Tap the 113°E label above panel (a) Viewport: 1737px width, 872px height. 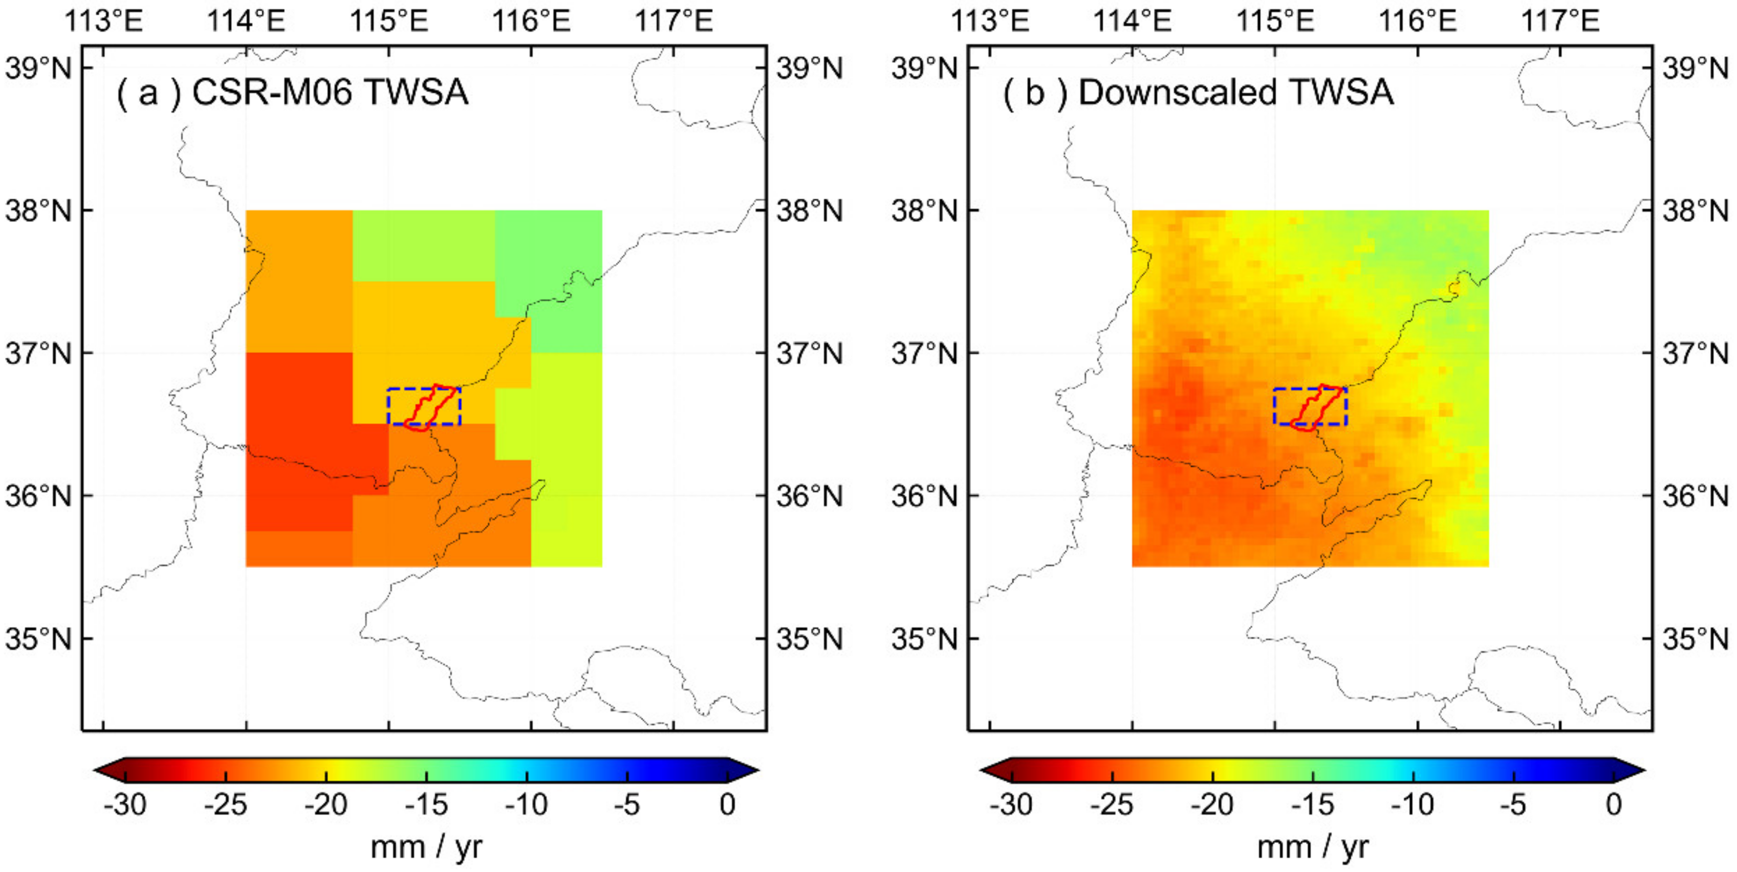click(103, 21)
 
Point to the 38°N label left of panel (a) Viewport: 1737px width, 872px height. click(38, 211)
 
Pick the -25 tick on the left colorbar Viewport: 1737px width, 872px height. click(225, 804)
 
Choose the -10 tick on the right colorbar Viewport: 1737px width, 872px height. click(1414, 804)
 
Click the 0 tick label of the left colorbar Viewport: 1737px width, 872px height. click(727, 804)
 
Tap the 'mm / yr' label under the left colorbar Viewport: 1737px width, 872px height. click(426, 847)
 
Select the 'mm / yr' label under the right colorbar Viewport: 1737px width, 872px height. click(1312, 847)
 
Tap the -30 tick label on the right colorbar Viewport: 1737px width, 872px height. click(1011, 804)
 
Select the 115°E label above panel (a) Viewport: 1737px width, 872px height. click(389, 21)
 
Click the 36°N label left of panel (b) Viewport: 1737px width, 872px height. click(924, 496)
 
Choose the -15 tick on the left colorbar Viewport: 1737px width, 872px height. click(426, 804)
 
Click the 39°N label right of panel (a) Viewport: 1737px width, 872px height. click(809, 69)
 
